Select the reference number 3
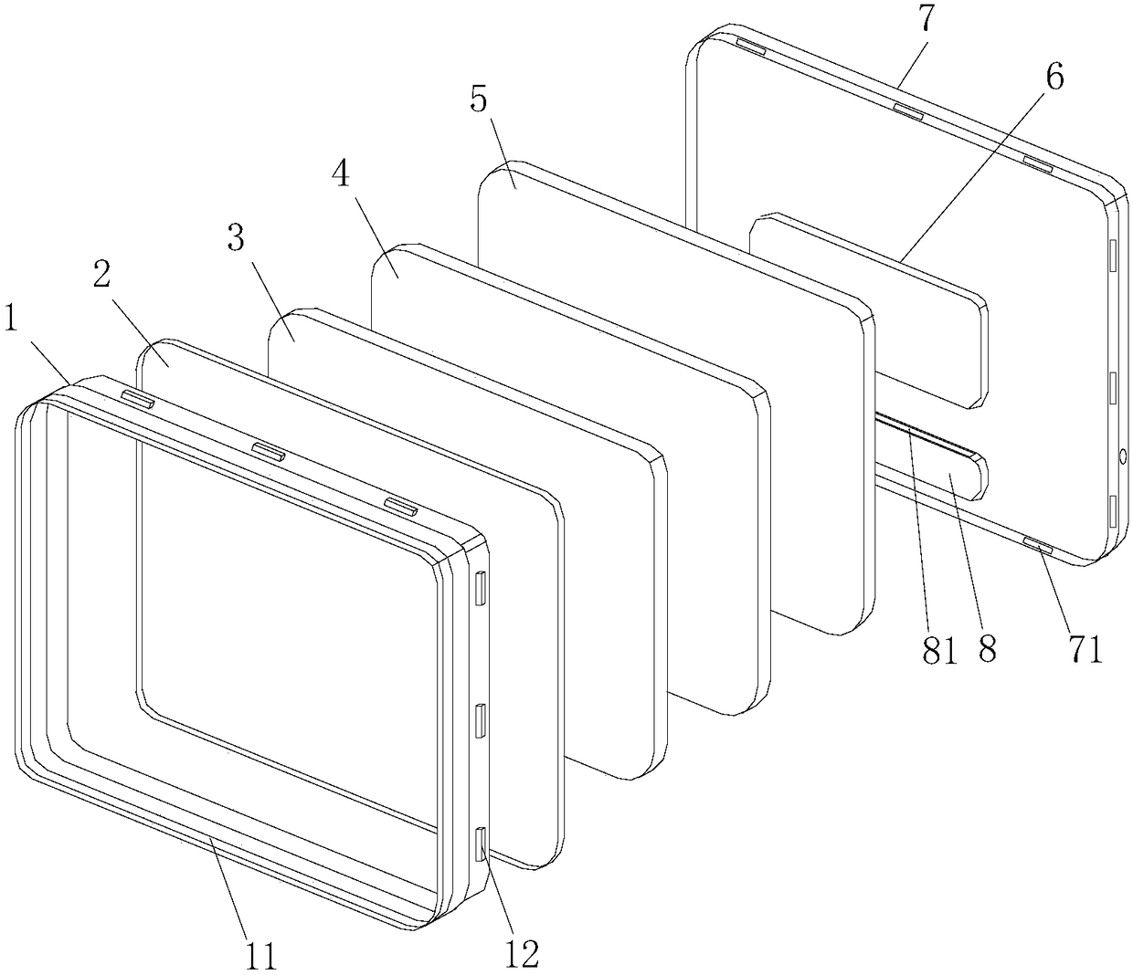point(236,239)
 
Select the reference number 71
point(1085,650)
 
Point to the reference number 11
point(259,955)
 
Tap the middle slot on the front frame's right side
point(480,721)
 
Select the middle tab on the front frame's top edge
point(269,450)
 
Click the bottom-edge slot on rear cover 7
point(1037,546)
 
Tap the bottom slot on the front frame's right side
point(481,844)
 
